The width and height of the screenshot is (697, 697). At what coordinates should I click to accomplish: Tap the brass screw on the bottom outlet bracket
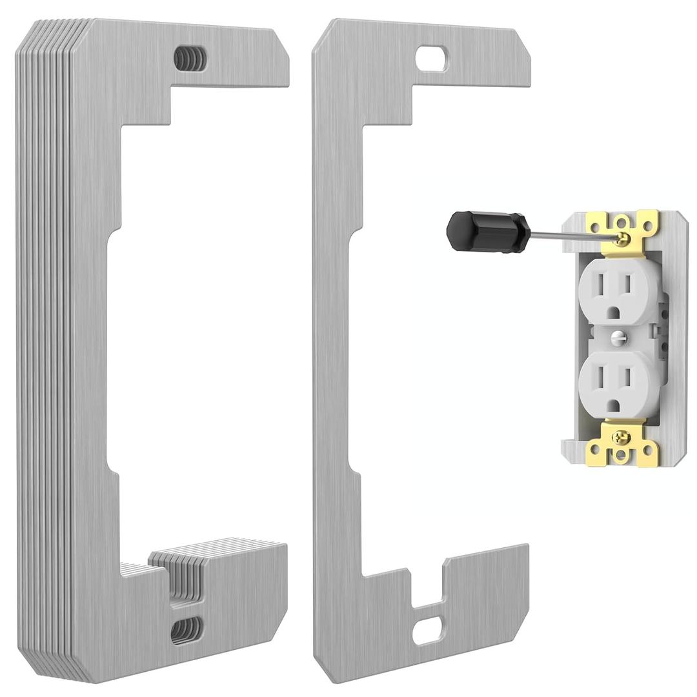click(621, 436)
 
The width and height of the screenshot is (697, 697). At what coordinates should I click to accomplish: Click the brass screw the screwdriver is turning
click(621, 239)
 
